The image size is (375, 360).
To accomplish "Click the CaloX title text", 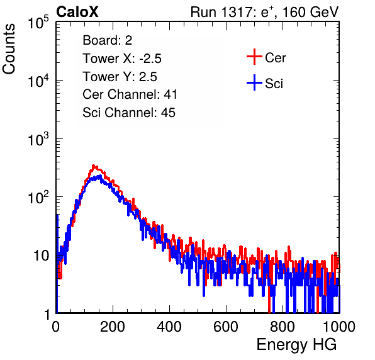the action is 77,12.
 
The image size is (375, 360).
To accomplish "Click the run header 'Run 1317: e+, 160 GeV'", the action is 264,12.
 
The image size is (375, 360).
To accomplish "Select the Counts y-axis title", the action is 9,49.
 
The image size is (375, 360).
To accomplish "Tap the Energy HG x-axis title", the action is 296,344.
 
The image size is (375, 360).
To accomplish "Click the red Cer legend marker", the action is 254,57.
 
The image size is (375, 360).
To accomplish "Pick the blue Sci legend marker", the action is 254,82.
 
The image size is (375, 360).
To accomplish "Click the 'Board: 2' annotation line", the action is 108,40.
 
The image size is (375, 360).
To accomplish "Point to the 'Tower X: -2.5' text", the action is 122,59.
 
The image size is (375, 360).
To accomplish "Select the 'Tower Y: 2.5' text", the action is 120,77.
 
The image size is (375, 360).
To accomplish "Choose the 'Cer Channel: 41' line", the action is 130,94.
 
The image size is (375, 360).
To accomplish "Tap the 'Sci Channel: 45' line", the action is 129,113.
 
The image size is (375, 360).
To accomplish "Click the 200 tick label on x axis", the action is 113,327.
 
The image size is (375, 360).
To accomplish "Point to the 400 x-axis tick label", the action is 169,327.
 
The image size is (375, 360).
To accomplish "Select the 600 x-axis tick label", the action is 226,327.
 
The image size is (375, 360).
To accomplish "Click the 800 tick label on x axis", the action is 283,327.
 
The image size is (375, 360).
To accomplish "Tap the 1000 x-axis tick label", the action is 339,327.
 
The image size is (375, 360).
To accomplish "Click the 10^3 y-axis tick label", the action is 38,139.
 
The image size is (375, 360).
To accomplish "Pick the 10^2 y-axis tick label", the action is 38,197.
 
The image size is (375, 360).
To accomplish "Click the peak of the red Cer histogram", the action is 94,166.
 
